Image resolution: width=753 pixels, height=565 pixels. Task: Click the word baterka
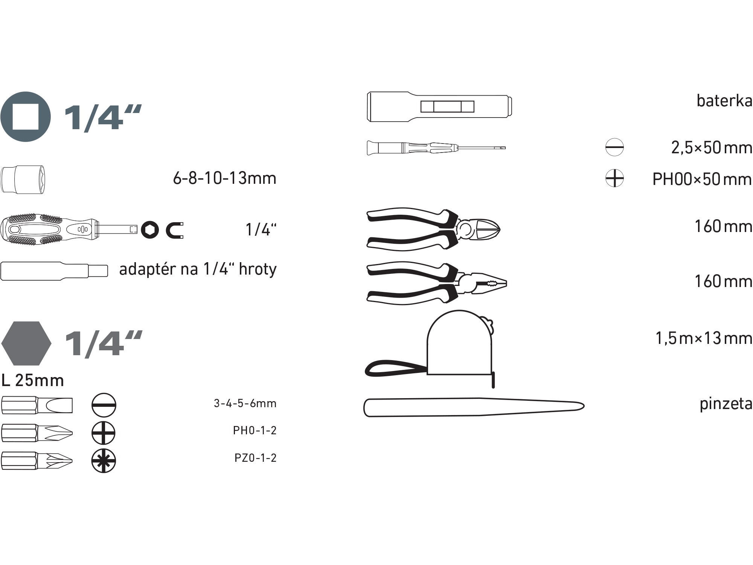724,101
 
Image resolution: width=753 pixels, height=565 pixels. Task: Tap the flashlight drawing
439,107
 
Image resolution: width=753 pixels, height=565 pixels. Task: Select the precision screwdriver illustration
436,148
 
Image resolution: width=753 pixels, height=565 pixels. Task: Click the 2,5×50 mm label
712,148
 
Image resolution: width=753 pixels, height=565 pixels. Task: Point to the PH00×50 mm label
702,179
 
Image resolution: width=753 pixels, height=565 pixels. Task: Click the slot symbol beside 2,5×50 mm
614,147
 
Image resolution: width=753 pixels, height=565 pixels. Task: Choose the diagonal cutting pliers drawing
434,229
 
